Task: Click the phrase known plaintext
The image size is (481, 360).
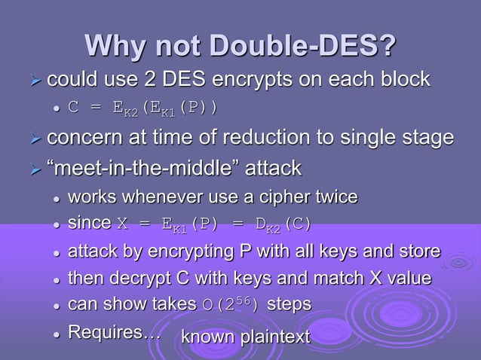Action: (242, 337)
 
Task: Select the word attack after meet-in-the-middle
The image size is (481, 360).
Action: (268, 167)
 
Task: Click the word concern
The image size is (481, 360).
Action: (83, 138)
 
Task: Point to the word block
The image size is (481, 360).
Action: (404, 78)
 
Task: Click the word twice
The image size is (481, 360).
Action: (336, 197)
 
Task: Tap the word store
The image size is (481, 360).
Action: (418, 252)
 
